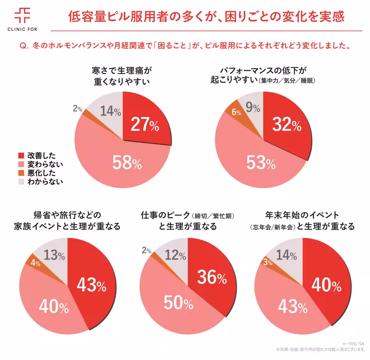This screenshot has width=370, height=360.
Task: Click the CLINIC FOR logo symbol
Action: click(22, 15)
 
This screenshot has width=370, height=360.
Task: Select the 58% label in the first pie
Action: click(127, 163)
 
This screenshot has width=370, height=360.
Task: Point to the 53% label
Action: click(261, 163)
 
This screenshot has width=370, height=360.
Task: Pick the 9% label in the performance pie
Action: click(253, 108)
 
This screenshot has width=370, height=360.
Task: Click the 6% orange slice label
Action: click(236, 112)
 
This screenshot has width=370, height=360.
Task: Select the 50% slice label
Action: click(178, 303)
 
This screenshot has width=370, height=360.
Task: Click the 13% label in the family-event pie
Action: click(54, 255)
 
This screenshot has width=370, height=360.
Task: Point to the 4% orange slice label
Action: click(35, 263)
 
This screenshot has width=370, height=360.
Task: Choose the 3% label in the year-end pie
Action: click(268, 262)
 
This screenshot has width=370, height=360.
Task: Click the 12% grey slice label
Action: click(175, 255)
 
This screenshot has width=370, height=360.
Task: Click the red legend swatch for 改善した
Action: click(21, 156)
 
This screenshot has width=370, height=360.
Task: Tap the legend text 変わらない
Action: click(45, 164)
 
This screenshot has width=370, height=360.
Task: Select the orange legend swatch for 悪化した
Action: click(21, 173)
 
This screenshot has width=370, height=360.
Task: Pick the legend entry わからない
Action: click(45, 182)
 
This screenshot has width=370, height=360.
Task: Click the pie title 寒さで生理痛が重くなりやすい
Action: click(122, 76)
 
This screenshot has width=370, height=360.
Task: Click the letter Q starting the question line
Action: click(23, 46)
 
